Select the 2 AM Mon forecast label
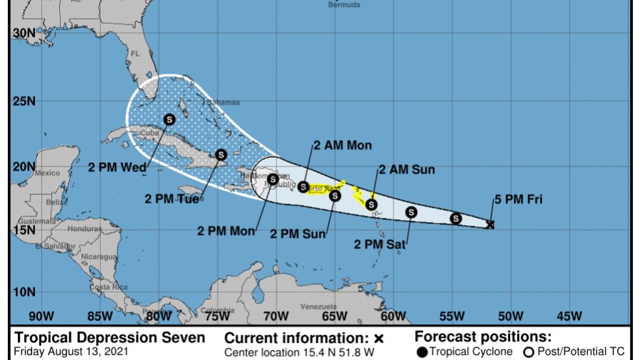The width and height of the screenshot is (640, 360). [342, 145]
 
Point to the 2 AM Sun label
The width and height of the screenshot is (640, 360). [406, 169]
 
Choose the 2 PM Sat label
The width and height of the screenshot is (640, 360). [380, 244]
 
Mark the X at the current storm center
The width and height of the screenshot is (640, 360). [490, 224]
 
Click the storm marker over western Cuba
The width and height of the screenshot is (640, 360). [169, 119]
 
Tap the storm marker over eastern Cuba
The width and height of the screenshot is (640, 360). [221, 154]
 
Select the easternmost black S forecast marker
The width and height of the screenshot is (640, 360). [456, 219]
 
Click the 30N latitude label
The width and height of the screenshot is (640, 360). [24, 34]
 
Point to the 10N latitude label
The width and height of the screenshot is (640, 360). [24, 291]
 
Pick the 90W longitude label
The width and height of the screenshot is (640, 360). [41, 315]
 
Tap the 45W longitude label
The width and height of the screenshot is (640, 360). [568, 315]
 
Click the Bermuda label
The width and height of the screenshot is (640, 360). [344, 4]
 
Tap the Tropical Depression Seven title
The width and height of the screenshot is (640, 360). [110, 337]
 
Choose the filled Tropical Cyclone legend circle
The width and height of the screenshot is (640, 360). [423, 351]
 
